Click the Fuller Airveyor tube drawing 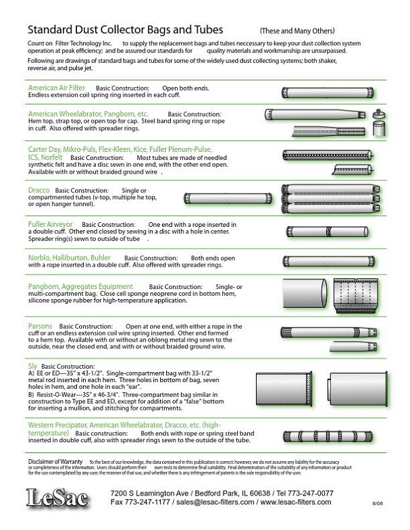tap(326, 232)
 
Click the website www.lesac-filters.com tap(295, 502)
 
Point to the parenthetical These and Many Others tap(297, 32)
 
